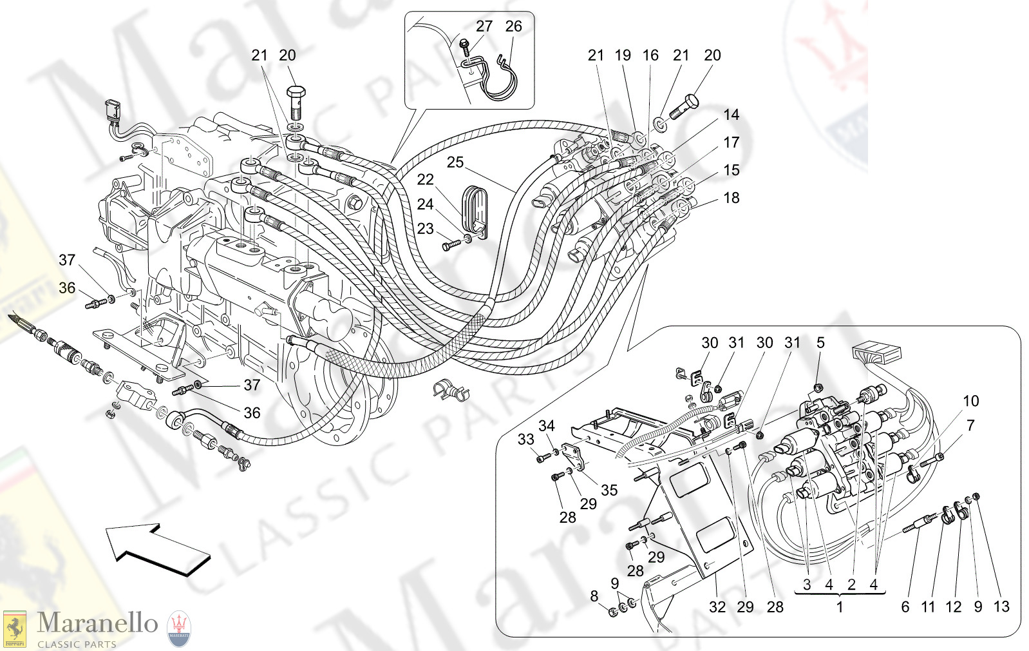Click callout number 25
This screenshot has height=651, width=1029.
(x=455, y=162)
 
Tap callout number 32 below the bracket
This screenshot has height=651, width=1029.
(x=717, y=607)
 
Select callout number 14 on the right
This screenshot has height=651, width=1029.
(x=731, y=115)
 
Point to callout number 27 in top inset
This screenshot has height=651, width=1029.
(x=484, y=26)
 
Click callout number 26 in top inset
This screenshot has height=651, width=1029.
(x=513, y=26)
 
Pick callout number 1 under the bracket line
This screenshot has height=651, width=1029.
(x=840, y=607)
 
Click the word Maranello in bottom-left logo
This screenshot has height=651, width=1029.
(x=97, y=623)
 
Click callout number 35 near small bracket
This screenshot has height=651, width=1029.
(x=609, y=491)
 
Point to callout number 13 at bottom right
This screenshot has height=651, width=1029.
(x=1001, y=607)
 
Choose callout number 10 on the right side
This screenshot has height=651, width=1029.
(x=970, y=401)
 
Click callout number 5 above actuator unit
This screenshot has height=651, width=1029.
(x=820, y=343)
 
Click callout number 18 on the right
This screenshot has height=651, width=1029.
(x=732, y=198)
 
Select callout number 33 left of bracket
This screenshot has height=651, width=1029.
(x=525, y=440)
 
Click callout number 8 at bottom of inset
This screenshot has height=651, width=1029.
(x=594, y=597)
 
